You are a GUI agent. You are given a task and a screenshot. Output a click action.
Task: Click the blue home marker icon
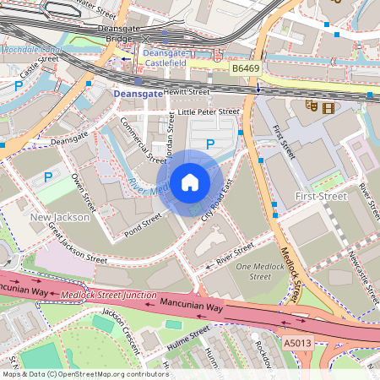pos(190,182)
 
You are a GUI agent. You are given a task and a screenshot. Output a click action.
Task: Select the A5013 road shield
pos(297,343)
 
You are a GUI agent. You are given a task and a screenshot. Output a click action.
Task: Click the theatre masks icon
pos(311,107)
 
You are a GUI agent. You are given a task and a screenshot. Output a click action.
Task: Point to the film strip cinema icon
pos(328,107)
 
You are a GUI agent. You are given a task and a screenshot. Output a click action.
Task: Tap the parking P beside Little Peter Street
pos(210,144)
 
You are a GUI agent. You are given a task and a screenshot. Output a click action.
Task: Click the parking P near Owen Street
pos(48,177)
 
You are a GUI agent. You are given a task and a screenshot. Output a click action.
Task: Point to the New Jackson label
pos(59,218)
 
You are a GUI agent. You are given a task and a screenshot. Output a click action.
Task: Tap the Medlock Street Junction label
pos(108,296)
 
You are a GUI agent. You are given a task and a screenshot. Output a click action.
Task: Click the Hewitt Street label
pos(187,91)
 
